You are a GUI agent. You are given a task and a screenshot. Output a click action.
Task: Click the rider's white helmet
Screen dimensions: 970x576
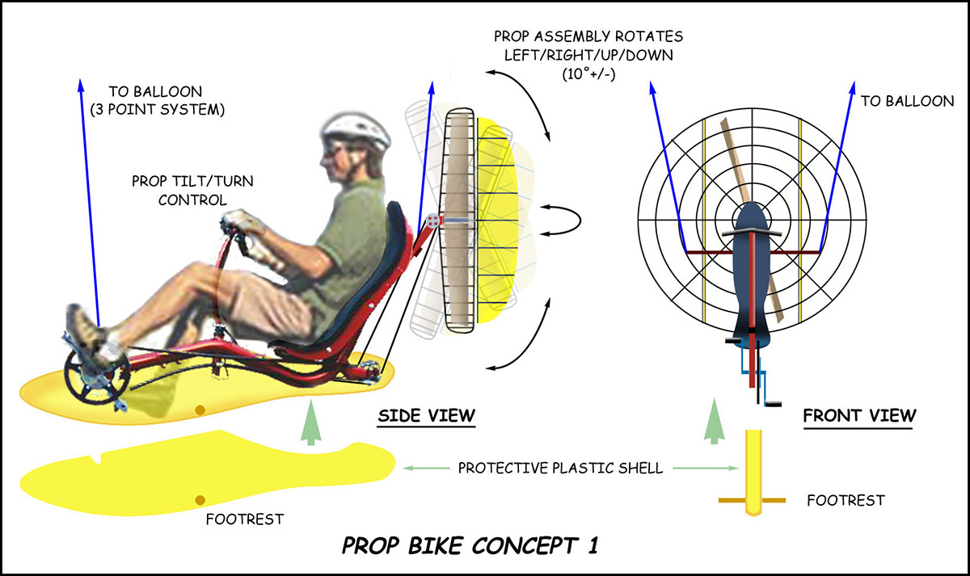356,130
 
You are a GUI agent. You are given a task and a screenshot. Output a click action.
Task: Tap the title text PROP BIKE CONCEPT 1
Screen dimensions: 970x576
470,546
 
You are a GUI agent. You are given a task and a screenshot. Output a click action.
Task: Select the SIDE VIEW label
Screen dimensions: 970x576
427,415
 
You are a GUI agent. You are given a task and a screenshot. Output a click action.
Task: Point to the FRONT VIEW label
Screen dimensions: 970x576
859,415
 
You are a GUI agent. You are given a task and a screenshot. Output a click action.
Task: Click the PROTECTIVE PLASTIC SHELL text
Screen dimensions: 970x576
560,469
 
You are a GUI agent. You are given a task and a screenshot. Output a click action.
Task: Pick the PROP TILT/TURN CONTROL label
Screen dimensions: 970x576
192,191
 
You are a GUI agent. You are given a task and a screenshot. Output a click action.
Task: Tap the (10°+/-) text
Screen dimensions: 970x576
589,74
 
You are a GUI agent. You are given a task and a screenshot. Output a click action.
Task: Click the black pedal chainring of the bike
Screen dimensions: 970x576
97,376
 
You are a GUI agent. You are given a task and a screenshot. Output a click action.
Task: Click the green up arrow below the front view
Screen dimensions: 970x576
714,421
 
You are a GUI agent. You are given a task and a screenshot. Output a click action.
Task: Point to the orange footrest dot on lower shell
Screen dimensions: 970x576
200,500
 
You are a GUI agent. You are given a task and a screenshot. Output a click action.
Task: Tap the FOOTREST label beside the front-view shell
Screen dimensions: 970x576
846,501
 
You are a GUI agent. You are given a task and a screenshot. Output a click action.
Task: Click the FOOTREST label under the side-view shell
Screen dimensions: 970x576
245,519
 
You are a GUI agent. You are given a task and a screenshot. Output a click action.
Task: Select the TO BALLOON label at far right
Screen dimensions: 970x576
907,101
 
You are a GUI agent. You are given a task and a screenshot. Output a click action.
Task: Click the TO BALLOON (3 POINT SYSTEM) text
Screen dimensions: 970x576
157,100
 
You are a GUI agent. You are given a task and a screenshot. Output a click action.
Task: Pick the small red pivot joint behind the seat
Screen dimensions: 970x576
432,221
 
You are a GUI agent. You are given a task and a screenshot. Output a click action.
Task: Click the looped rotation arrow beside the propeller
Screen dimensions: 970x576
563,221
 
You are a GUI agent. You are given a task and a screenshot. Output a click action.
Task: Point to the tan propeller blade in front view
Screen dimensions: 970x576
753,221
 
